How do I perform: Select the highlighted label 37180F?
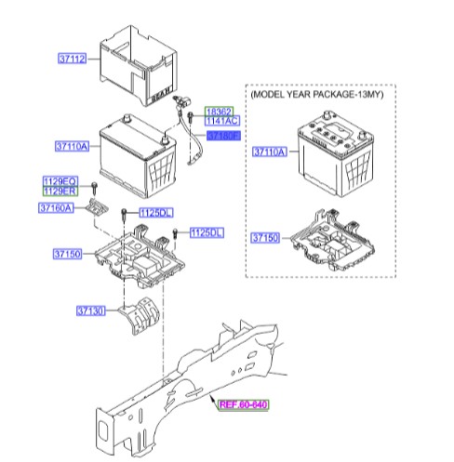(223, 136)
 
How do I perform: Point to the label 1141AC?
(223, 121)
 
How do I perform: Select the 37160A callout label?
(56, 208)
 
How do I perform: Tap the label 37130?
(94, 311)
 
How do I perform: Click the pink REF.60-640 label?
(244, 404)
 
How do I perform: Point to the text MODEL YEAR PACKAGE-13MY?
(316, 95)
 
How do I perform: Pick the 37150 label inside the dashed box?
(265, 239)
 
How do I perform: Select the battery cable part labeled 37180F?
(191, 139)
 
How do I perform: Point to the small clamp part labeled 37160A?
(97, 211)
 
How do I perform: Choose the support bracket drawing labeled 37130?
(142, 316)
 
